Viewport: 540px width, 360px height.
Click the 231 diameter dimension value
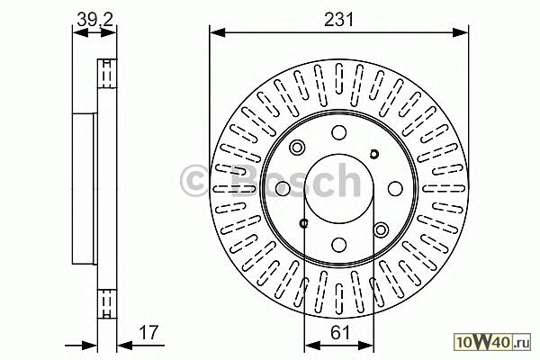[339, 20]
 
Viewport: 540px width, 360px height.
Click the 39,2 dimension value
[94, 20]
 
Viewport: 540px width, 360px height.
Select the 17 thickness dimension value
[148, 332]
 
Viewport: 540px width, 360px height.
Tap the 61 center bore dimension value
[339, 333]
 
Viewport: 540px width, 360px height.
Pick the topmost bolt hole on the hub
[339, 132]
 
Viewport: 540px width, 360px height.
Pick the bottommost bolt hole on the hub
[339, 244]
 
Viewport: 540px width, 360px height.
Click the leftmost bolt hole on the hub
[283, 188]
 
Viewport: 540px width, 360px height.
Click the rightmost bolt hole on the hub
[395, 188]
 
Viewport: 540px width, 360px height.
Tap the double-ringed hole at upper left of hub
[297, 148]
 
